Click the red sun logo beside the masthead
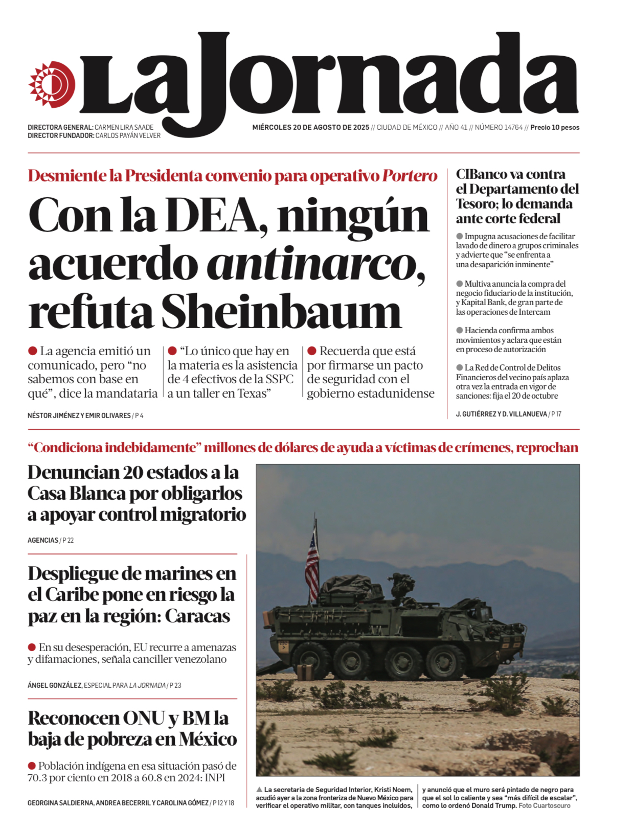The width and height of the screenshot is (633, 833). point(52,85)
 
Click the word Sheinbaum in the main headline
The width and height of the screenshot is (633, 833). point(281,312)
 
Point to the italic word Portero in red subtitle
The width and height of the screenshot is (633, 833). point(410,176)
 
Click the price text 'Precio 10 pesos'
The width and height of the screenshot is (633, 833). point(555,127)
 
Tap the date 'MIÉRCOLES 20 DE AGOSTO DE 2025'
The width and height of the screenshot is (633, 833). point(310,127)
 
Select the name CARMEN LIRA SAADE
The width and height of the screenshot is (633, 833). point(124,127)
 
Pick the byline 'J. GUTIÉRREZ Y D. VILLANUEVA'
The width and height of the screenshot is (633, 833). point(501,414)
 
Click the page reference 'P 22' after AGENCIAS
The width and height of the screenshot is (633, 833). point(68,540)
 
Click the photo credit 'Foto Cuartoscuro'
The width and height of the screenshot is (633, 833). point(545,805)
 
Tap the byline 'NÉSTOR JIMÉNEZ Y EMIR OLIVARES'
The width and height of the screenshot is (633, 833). point(79,415)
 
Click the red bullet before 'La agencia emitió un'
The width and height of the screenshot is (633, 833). point(33,351)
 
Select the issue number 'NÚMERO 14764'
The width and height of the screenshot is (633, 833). point(499,127)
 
